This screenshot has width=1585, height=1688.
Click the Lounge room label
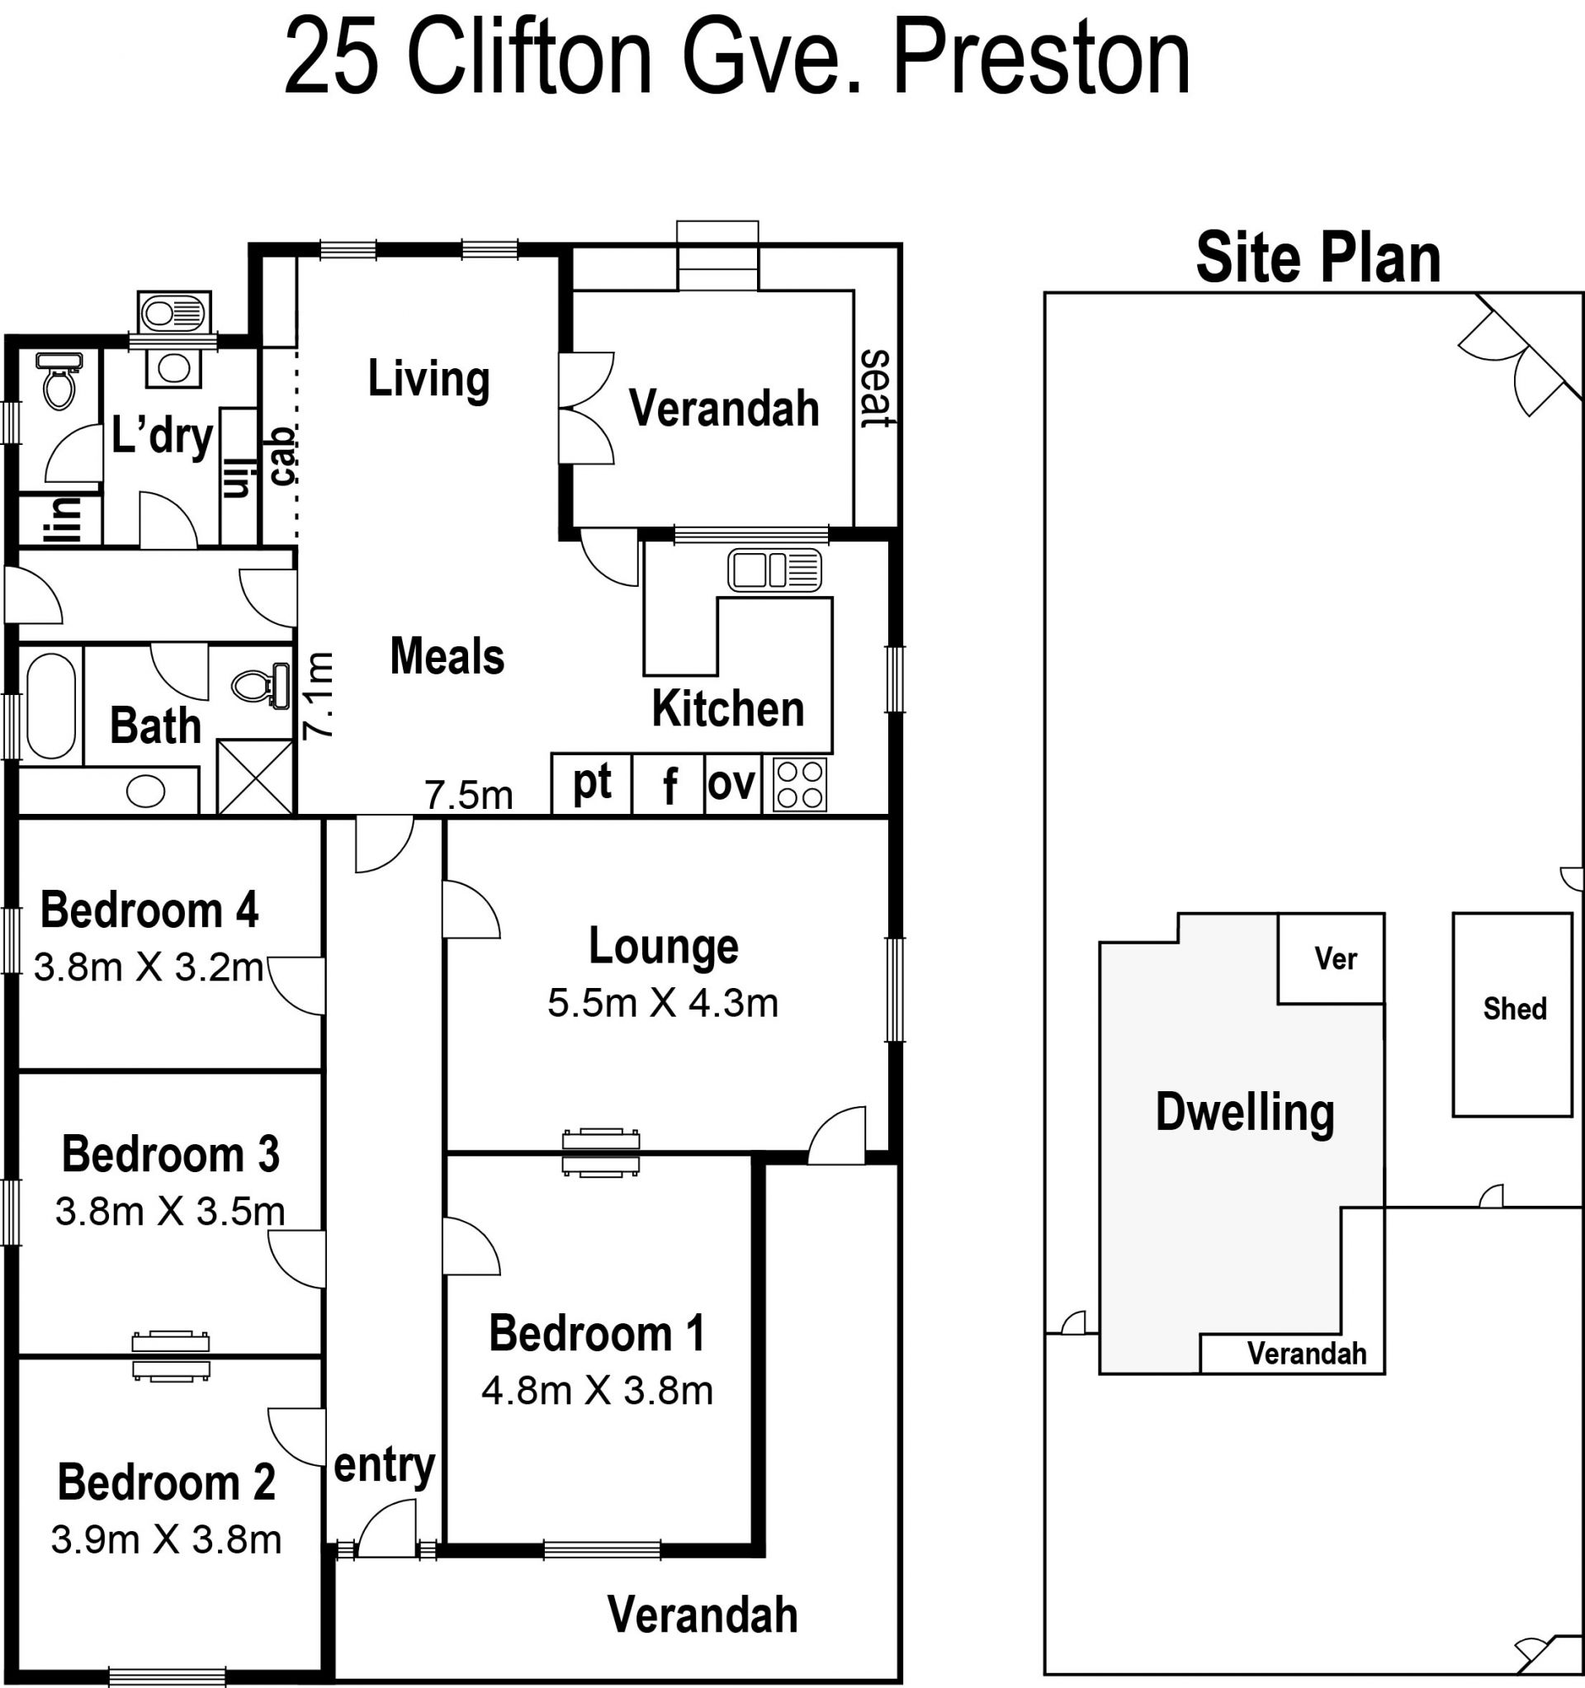pyautogui.click(x=664, y=947)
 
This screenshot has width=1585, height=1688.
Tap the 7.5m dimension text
pyautogui.click(x=469, y=796)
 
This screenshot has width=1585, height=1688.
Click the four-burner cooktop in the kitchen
pyautogui.click(x=799, y=783)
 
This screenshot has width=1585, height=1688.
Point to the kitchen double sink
pyautogui.click(x=774, y=570)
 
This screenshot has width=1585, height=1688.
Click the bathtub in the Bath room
pyautogui.click(x=51, y=706)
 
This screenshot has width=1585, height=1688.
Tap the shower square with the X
pyautogui.click(x=255, y=777)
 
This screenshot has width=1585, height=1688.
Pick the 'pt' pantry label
pyautogui.click(x=592, y=782)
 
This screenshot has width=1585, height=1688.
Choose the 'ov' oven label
pyautogui.click(x=731, y=783)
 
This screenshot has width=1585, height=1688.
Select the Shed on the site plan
pyautogui.click(x=1512, y=1014)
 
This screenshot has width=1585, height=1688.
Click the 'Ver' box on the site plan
pyautogui.click(x=1331, y=958)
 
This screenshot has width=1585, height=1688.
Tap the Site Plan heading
pyautogui.click(x=1318, y=258)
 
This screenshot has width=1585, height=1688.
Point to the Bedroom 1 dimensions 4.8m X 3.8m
pyautogui.click(x=597, y=1391)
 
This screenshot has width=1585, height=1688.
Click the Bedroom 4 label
pyautogui.click(x=149, y=910)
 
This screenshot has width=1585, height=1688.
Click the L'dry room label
pyautogui.click(x=163, y=437)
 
